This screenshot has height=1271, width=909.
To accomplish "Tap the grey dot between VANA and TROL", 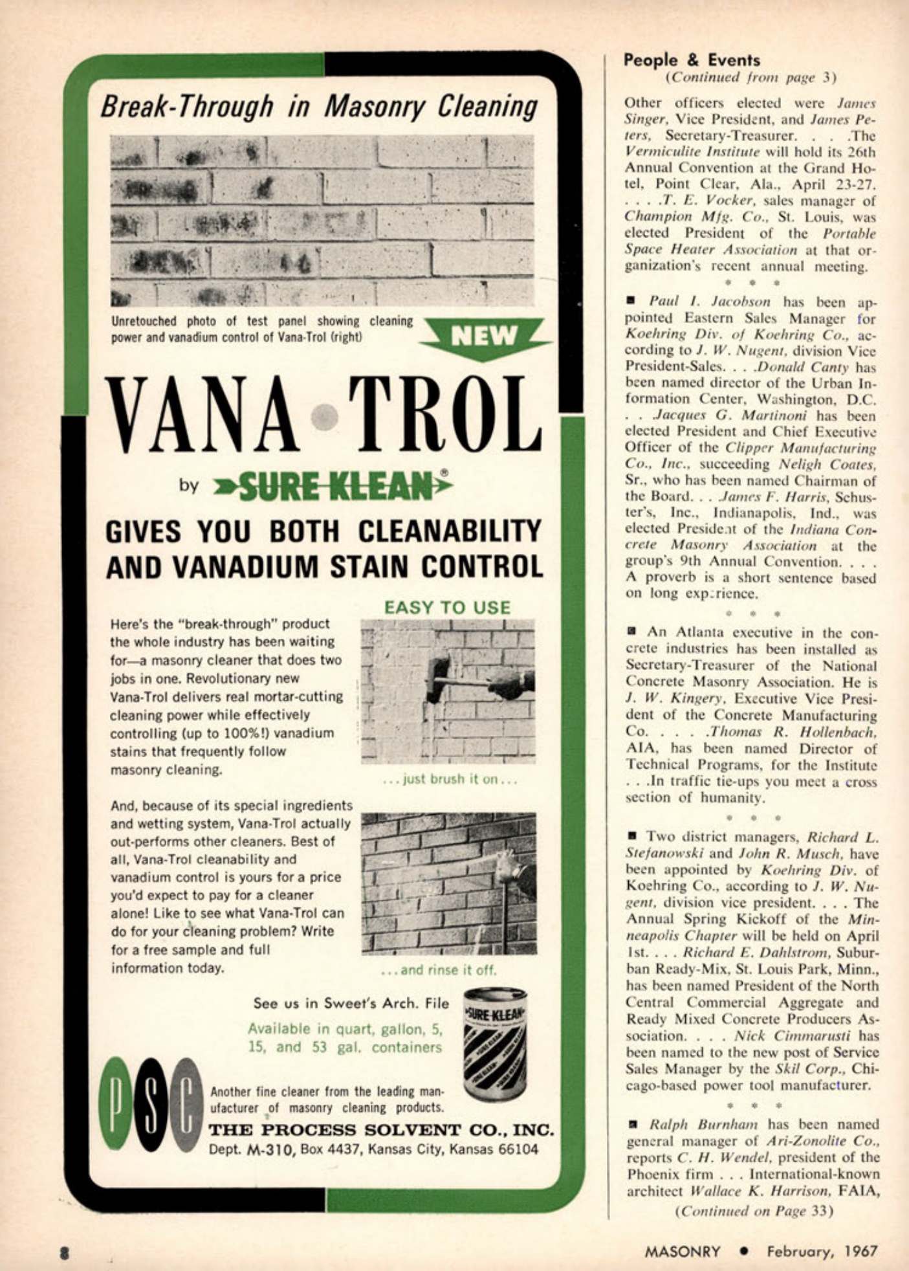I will (x=324, y=417).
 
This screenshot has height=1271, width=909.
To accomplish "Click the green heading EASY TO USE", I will (x=447, y=608).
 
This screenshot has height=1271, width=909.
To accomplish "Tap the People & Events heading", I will (x=692, y=60).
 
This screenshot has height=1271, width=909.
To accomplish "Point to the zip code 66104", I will (x=514, y=1149).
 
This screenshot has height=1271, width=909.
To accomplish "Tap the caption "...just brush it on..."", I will (x=450, y=779).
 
